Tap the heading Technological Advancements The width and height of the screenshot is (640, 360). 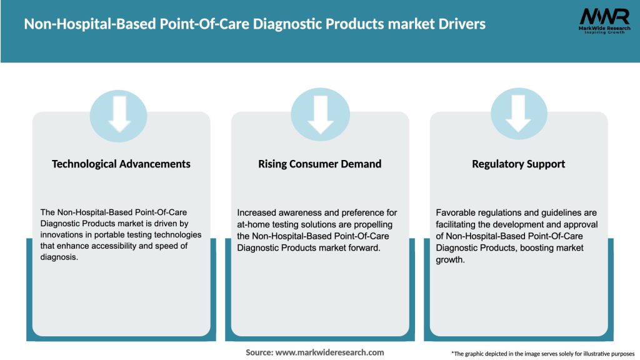click(x=121, y=164)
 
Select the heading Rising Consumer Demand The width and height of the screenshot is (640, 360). click(x=319, y=164)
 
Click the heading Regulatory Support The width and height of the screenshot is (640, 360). click(x=518, y=164)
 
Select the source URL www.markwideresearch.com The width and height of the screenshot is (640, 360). click(x=330, y=352)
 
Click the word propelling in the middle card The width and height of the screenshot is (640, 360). click(x=375, y=224)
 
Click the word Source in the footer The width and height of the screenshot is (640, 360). click(x=259, y=352)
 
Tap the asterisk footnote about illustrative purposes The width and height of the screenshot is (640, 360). click(x=542, y=354)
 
